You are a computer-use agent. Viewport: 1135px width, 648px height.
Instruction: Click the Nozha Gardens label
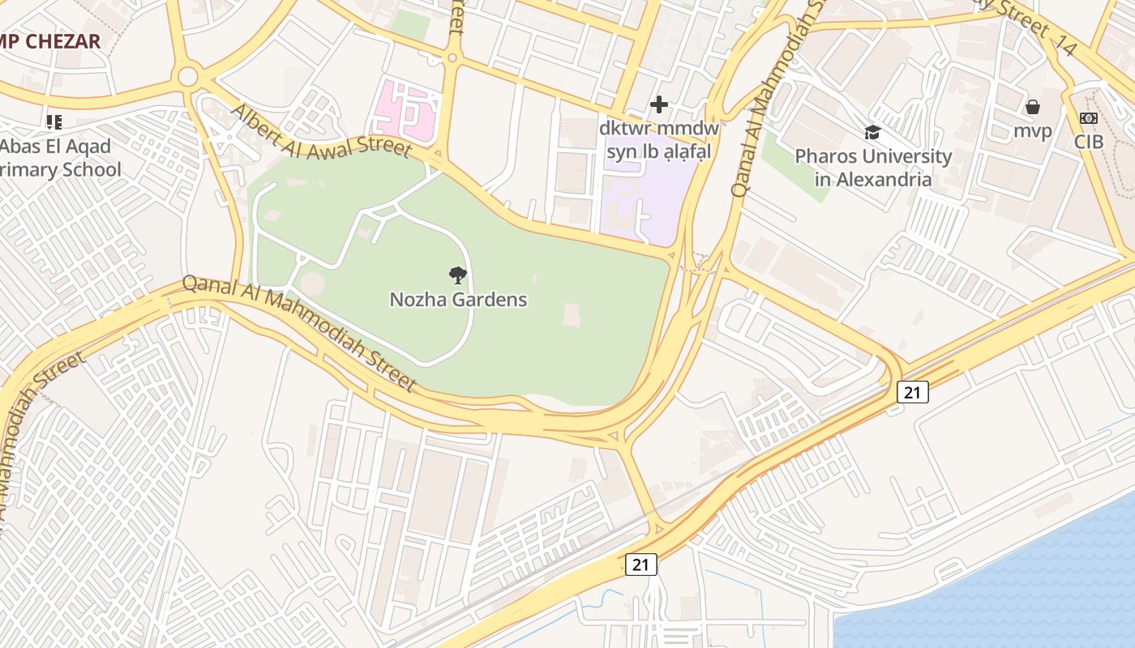tap(458, 300)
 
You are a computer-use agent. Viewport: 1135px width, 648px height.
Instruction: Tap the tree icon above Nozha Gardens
tap(458, 275)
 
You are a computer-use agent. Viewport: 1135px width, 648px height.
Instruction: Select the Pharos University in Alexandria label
tap(873, 168)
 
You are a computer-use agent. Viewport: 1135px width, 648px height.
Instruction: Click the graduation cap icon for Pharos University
tap(872, 132)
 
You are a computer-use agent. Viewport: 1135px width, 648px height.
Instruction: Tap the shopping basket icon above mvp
tap(1033, 107)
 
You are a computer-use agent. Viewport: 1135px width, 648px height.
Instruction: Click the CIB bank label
tap(1089, 142)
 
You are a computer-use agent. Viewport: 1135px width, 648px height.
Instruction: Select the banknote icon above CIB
tap(1089, 118)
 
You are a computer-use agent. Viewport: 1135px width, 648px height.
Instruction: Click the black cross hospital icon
tap(659, 104)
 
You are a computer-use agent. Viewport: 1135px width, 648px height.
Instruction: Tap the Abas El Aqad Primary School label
tap(57, 159)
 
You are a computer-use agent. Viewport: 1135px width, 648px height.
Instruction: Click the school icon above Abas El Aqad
tap(54, 122)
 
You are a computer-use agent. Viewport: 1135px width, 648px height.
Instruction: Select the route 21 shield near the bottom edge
tap(640, 565)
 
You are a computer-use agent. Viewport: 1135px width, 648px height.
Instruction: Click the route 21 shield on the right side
tap(912, 393)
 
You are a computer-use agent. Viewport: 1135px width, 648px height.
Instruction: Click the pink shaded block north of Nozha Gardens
tap(405, 112)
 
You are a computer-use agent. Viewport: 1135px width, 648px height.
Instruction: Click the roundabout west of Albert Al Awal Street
tap(188, 77)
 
